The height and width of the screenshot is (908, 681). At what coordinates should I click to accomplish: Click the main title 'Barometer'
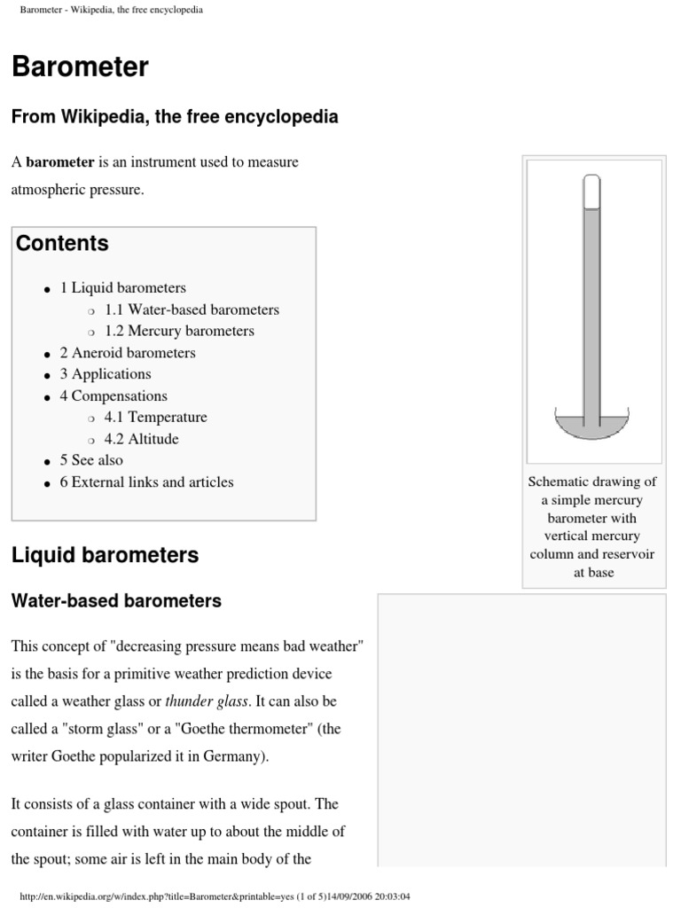(80, 67)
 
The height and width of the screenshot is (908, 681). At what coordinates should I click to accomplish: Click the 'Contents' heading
(62, 243)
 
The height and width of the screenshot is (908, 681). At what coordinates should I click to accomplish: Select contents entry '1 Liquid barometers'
(122, 287)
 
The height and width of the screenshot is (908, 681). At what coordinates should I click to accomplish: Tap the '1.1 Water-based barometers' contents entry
(192, 309)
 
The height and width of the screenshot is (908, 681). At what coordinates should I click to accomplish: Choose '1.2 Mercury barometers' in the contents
(179, 331)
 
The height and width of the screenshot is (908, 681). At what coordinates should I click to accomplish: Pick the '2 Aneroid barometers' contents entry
(128, 352)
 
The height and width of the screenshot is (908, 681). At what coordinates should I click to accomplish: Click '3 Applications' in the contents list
(106, 374)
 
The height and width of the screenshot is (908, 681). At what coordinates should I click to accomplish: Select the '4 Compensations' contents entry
(113, 395)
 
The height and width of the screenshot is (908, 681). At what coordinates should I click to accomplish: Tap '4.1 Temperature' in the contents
(155, 417)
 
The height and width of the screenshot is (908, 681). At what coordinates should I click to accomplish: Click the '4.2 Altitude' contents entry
(141, 439)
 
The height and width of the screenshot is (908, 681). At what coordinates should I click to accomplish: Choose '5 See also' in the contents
(91, 460)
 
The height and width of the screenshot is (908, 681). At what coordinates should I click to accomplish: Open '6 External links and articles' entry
(146, 482)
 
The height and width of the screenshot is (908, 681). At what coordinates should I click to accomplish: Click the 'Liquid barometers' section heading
(105, 556)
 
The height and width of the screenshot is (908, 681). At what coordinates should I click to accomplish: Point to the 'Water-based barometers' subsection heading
(116, 601)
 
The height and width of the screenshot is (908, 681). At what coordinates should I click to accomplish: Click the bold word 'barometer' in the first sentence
(59, 162)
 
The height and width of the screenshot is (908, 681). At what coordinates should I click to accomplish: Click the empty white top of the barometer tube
(591, 192)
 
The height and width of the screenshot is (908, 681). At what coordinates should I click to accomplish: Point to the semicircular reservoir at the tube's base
(591, 427)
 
